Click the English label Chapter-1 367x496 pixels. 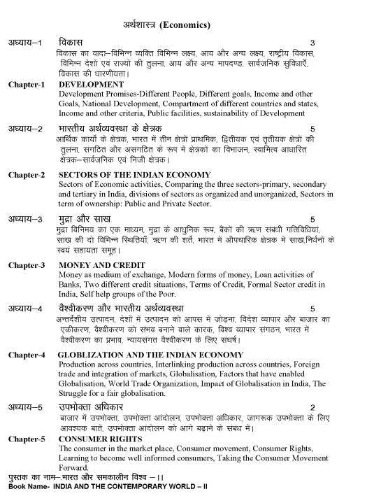(x=27, y=85)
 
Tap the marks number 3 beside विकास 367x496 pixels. (x=312, y=43)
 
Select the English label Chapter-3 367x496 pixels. (x=27, y=266)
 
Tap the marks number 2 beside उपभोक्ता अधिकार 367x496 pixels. (x=312, y=407)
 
